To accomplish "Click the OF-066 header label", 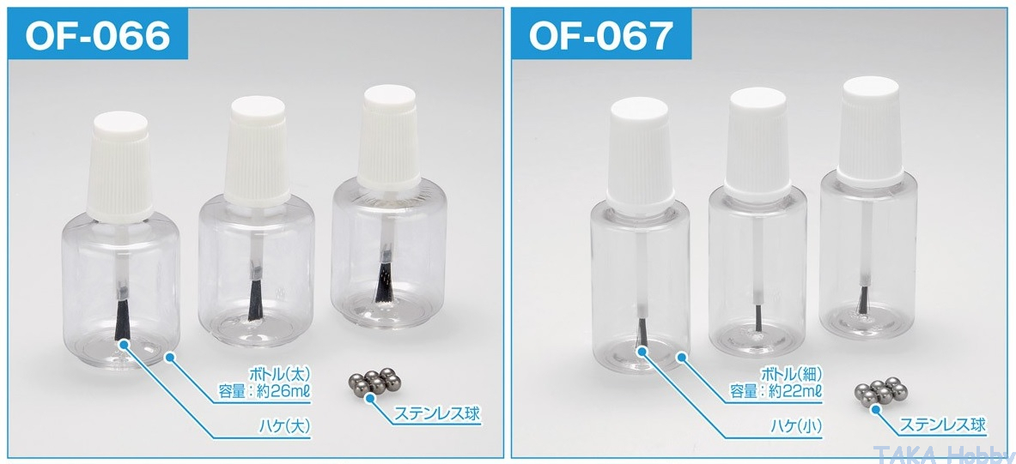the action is point(97,35).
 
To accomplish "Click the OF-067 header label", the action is point(600,35).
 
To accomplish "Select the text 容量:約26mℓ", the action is point(265,391).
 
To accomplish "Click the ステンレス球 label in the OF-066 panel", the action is point(438,413).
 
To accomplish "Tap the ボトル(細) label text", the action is point(790,374).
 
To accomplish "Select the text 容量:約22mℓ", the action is point(776,391).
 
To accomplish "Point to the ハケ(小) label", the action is point(794,427).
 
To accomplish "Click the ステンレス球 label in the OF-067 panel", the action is point(943,425).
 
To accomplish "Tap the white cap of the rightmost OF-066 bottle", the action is point(389,140).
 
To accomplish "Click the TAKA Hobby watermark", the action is point(943,454).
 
